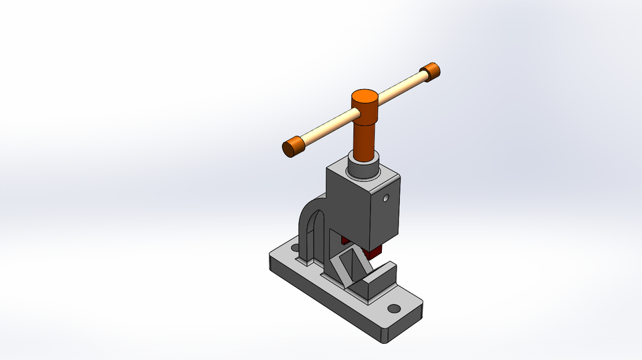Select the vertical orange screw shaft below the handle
(365, 137)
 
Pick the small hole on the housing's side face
(386, 199)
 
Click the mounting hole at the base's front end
(394, 308)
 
